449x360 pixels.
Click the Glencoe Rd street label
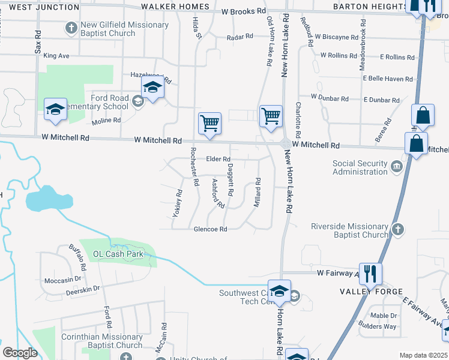click(210, 229)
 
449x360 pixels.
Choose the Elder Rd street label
click(218, 159)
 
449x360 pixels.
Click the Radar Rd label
click(240, 37)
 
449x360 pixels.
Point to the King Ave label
click(56, 56)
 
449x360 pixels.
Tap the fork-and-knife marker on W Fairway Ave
click(370, 273)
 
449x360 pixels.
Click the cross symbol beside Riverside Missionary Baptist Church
click(397, 230)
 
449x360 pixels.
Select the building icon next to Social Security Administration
click(396, 166)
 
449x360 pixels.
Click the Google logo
click(20, 353)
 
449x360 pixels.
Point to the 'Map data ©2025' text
click(423, 355)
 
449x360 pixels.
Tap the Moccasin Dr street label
click(62, 280)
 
